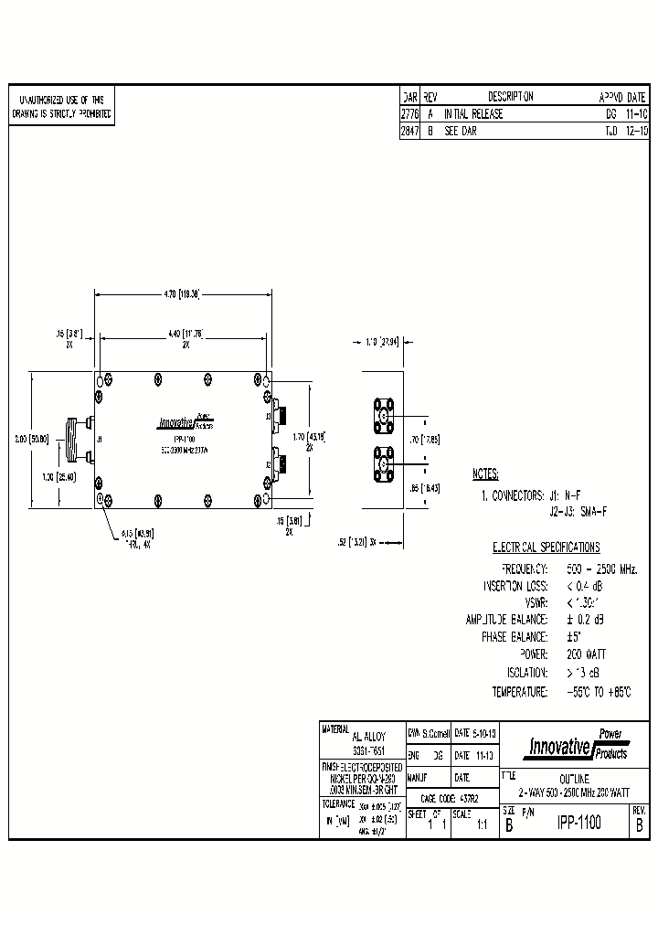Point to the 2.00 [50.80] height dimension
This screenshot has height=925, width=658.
[x=39, y=439]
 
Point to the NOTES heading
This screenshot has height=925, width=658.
[x=485, y=475]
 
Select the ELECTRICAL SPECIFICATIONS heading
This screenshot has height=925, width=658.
[x=547, y=548]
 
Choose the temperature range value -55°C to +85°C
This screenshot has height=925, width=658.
[x=598, y=691]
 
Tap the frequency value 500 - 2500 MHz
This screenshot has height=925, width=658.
[x=600, y=568]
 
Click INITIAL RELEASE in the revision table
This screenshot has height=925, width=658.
[x=473, y=114]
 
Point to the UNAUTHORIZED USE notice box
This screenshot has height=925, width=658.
[x=61, y=107]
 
